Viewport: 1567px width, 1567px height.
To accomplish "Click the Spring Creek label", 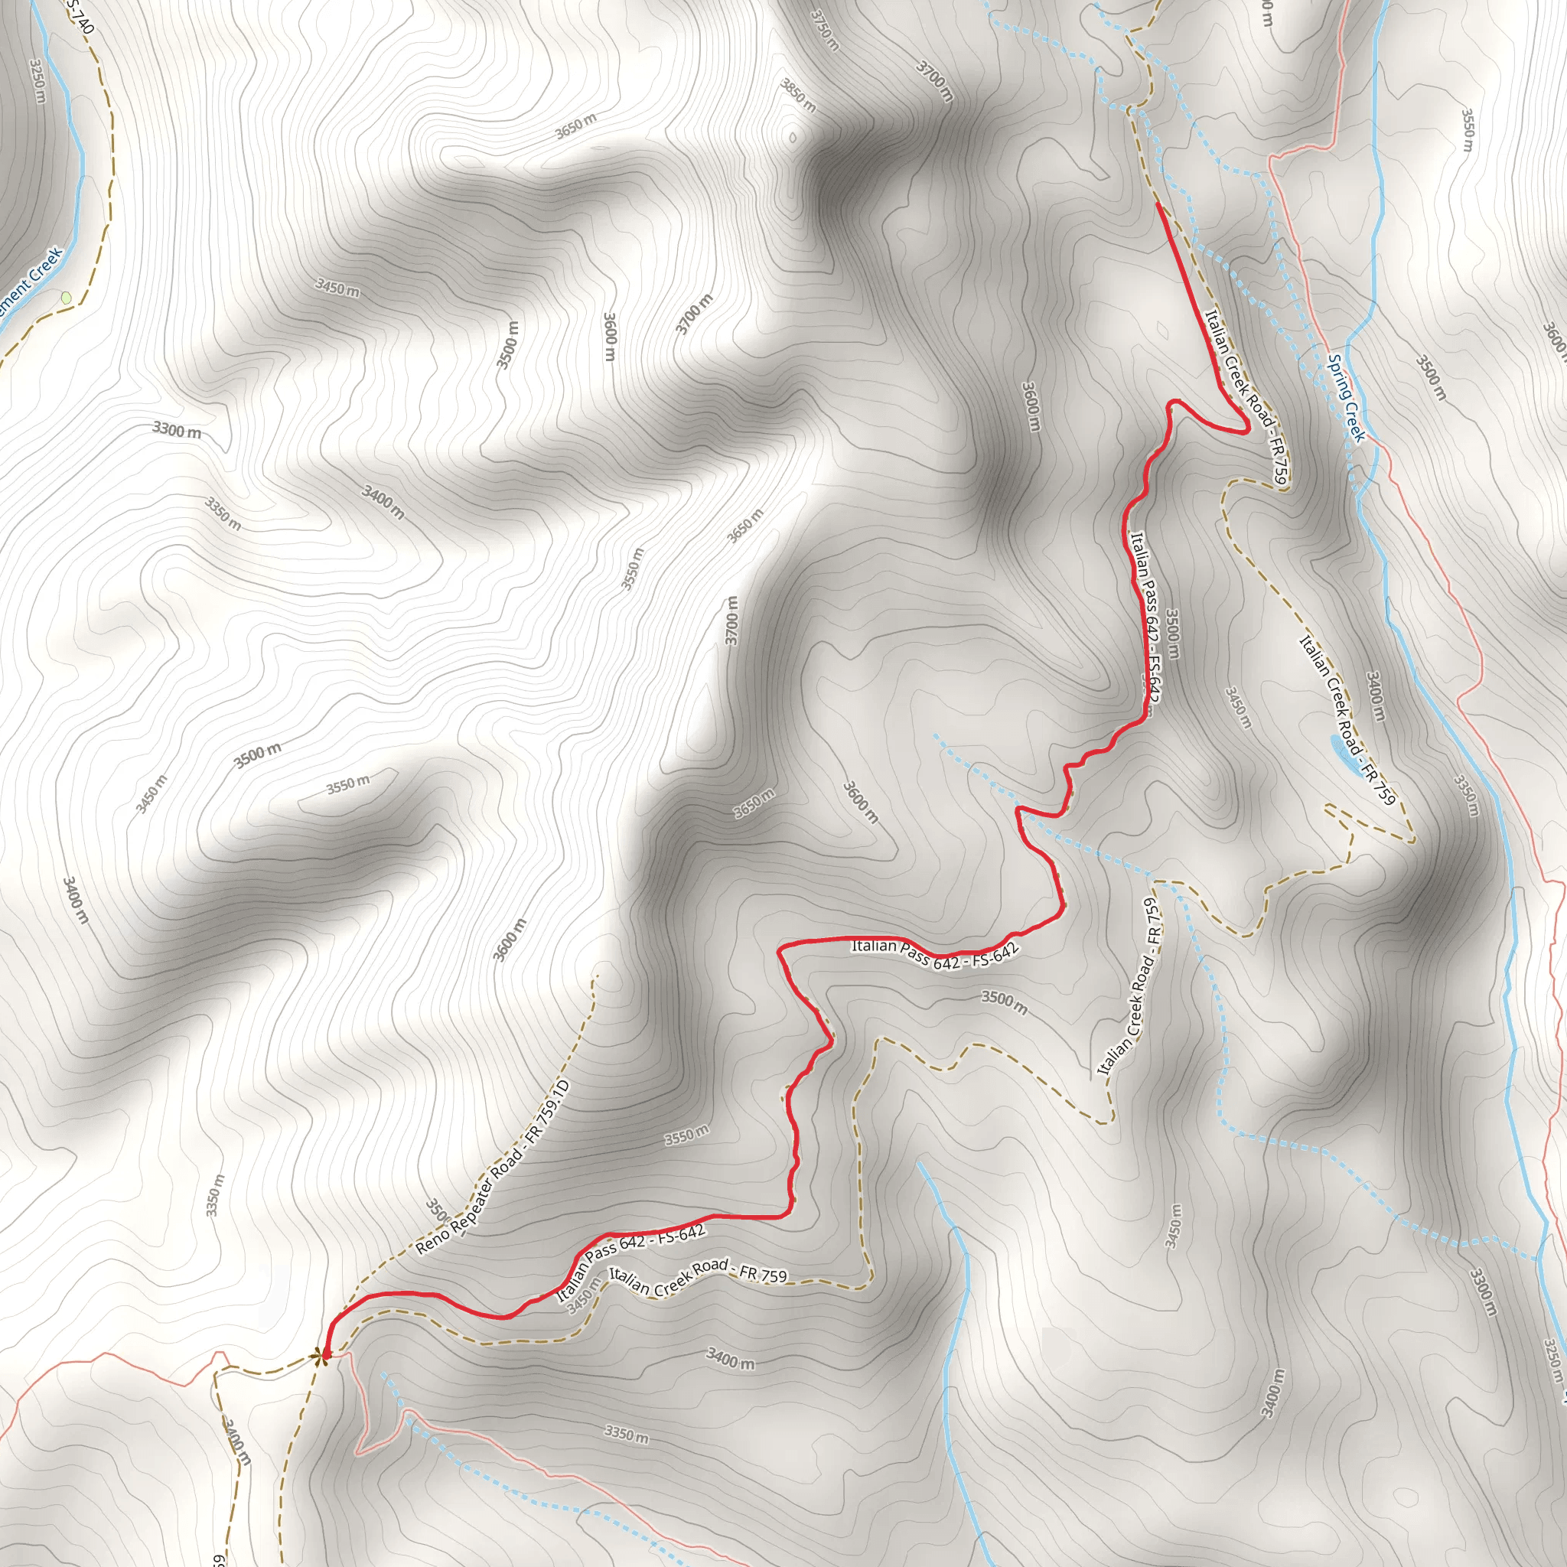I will [x=1347, y=397].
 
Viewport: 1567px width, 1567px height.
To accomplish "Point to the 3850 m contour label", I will [x=798, y=95].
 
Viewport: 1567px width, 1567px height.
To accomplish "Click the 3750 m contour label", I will [x=824, y=30].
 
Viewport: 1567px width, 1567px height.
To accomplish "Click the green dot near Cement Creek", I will [x=66, y=298].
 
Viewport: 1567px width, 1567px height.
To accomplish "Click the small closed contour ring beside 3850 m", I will [x=793, y=137].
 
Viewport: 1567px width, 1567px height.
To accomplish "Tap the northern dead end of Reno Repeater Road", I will [x=597, y=975].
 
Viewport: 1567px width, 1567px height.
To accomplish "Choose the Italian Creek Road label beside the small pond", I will [x=1347, y=720].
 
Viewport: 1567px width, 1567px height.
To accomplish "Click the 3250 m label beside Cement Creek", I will [x=37, y=81].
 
